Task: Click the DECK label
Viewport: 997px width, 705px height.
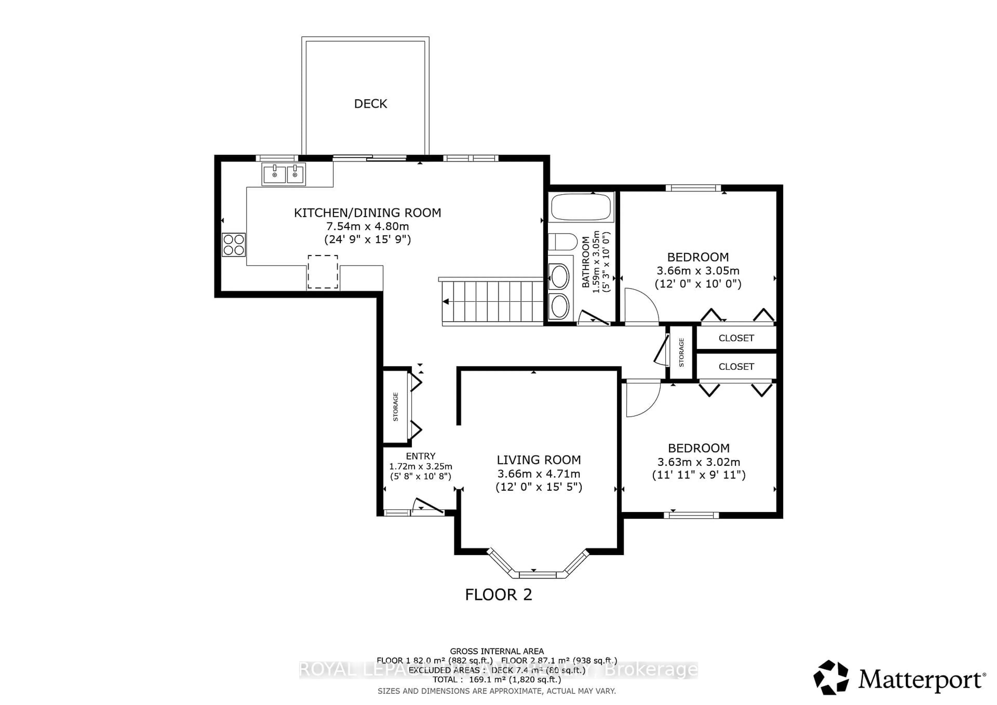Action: click(x=370, y=104)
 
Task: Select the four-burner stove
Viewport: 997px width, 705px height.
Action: click(x=234, y=245)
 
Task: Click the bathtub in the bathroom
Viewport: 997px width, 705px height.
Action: click(x=581, y=207)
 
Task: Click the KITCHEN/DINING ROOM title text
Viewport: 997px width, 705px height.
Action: click(x=367, y=213)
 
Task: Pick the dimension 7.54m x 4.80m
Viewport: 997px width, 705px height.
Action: click(x=367, y=226)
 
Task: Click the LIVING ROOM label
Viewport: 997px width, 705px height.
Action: click(x=538, y=460)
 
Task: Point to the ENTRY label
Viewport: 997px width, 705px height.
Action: click(x=420, y=456)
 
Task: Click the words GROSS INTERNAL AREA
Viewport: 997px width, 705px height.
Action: click(x=496, y=651)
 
